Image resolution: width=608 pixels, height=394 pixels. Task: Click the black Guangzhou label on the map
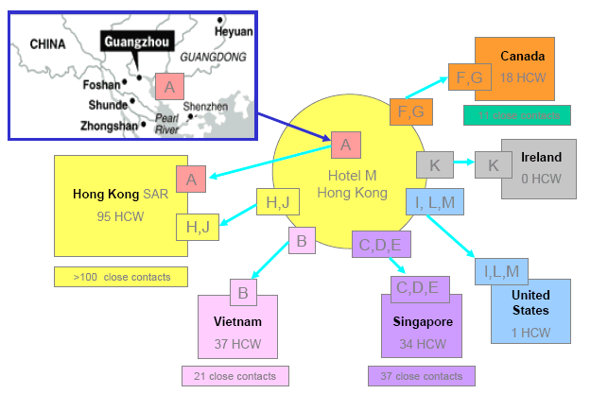click(x=135, y=43)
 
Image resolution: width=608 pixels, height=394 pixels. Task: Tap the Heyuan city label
click(x=233, y=31)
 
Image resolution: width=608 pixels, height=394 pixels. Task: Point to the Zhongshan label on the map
click(x=88, y=125)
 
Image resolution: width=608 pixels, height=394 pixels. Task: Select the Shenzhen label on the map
click(x=205, y=107)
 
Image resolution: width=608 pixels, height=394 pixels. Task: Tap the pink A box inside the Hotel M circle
click(x=345, y=145)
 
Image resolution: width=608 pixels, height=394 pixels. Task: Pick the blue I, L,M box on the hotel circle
click(x=434, y=202)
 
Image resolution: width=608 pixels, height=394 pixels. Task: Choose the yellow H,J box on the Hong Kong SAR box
click(x=198, y=226)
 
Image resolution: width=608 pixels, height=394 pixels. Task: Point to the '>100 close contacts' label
click(x=120, y=278)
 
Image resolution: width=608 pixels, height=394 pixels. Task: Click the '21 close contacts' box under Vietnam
click(x=235, y=376)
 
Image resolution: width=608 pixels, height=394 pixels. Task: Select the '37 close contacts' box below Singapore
click(x=416, y=376)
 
